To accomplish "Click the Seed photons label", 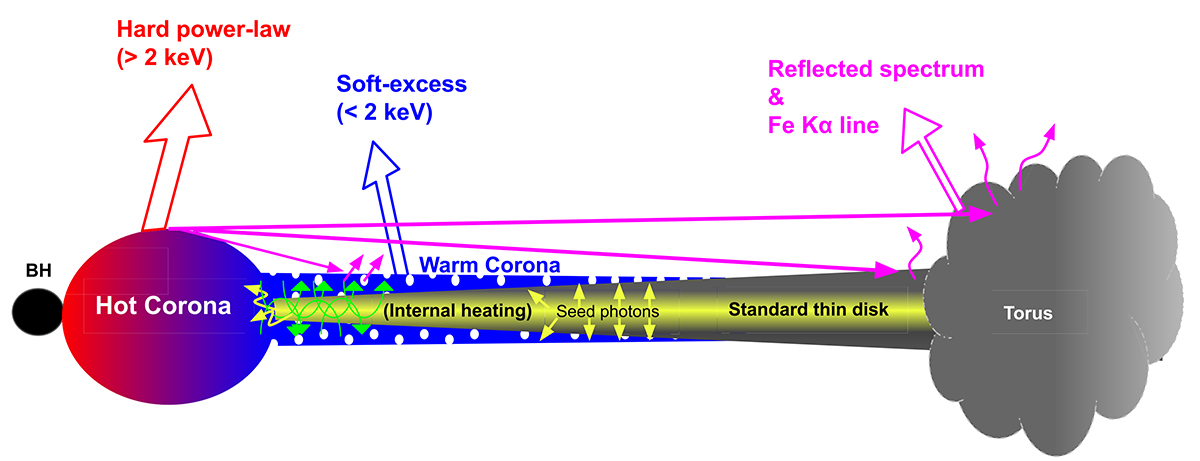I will [609, 311].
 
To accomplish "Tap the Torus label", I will [1028, 314].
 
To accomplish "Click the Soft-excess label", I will [401, 84].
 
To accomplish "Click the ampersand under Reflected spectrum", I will [776, 98].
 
